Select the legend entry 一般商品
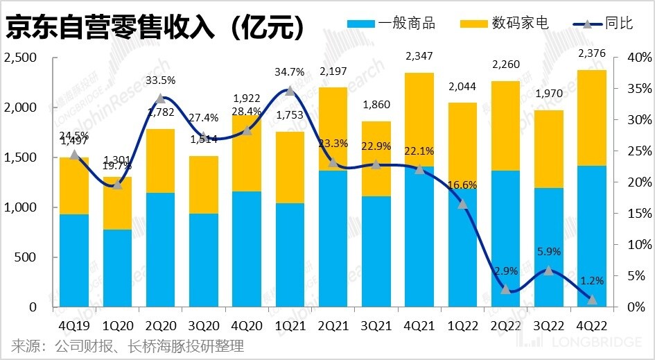click(392, 24)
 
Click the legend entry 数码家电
click(504, 24)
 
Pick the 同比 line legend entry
click(603, 24)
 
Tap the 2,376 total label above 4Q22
click(591, 54)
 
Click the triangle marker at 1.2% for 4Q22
click(591, 299)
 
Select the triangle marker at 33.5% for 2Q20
click(160, 98)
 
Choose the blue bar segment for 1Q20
click(117, 268)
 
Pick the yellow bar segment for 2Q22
click(505, 126)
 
